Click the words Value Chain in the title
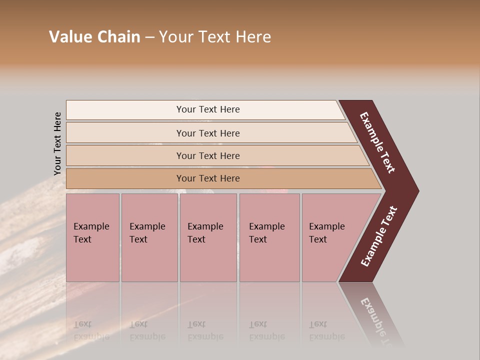[94, 37]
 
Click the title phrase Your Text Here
[215, 37]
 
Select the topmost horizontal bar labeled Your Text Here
[208, 109]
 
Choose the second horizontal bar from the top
[208, 133]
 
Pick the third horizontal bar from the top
[208, 155]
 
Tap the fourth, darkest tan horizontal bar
[208, 178]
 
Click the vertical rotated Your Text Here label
[57, 143]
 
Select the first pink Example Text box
[92, 237]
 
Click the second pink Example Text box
[149, 237]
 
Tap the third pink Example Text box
[208, 237]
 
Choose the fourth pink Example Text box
[269, 237]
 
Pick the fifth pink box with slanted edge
[332, 237]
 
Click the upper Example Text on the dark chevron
[377, 142]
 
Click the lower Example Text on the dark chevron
[378, 236]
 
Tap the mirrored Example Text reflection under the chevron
[378, 320]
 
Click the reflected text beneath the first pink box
[91, 330]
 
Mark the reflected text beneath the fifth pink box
[326, 330]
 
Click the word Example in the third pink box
[205, 226]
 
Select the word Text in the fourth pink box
[258, 239]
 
